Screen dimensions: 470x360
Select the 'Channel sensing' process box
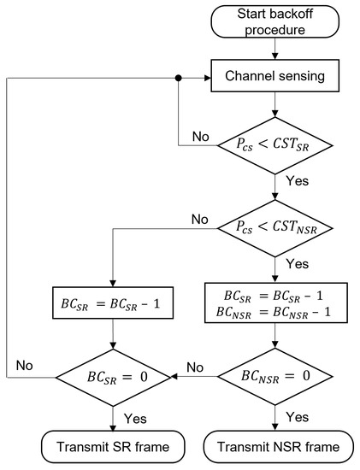click(x=274, y=78)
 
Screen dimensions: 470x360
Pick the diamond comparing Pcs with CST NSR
click(x=274, y=230)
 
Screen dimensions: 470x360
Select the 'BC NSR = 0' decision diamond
click(x=274, y=375)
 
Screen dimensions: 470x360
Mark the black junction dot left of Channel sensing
click(x=179, y=78)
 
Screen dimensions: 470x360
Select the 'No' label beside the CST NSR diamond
click(x=199, y=219)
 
